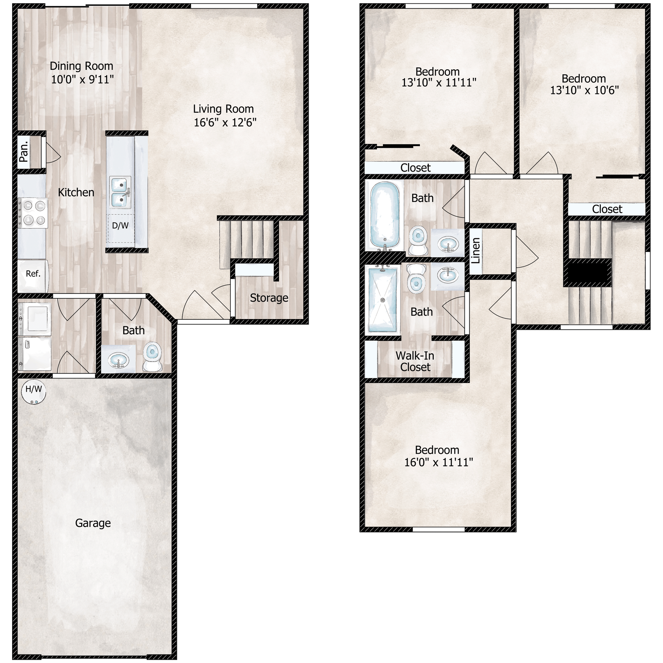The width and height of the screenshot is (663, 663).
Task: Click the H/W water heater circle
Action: tap(33, 392)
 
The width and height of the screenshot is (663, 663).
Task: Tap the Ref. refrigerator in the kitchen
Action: tap(33, 274)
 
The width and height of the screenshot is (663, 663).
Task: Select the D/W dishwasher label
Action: tap(120, 226)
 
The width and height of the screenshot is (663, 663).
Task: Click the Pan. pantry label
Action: tap(24, 152)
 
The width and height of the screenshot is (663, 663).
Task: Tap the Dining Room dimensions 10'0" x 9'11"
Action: tap(82, 80)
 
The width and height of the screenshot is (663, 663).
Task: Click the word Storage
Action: tap(269, 298)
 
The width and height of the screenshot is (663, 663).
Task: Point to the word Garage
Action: tap(93, 523)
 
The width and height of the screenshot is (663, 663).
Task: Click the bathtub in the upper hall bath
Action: tap(385, 214)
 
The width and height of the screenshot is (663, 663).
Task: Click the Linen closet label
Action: tap(476, 250)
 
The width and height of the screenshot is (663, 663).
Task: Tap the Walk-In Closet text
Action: tap(415, 361)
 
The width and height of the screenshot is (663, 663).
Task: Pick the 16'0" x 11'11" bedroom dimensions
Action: tap(438, 462)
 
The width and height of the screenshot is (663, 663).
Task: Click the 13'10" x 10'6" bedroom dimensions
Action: tap(584, 90)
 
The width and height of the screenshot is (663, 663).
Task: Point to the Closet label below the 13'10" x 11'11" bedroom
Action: tap(415, 168)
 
